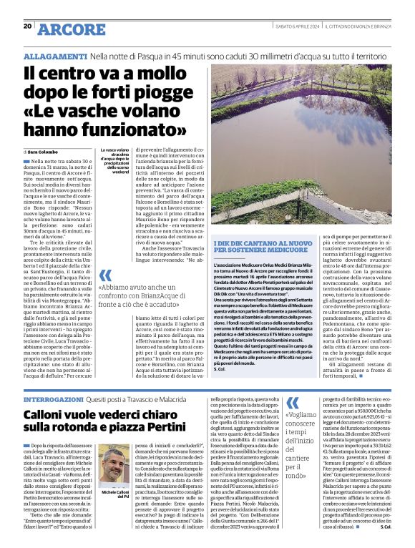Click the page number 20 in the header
pyautogui.click(x=27, y=26)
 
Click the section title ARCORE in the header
pyautogui.click(x=72, y=29)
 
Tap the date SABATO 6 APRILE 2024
pyautogui.click(x=295, y=27)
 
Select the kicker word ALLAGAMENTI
pyautogui.click(x=55, y=55)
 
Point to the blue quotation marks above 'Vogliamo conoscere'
pyautogui.click(x=293, y=402)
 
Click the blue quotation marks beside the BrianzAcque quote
pyautogui.click(x=105, y=276)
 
